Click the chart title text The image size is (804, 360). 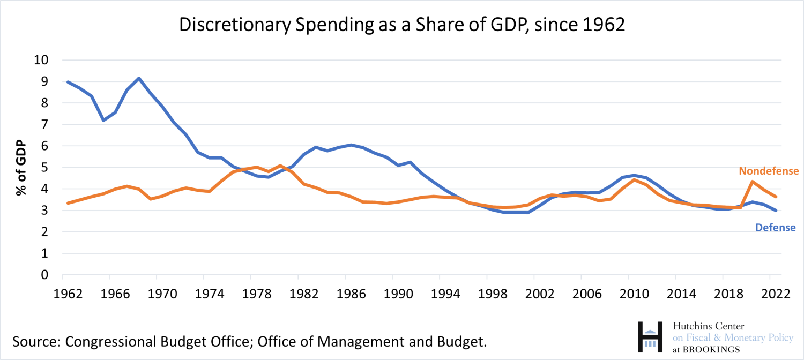(x=402, y=26)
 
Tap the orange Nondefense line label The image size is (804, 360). (x=769, y=171)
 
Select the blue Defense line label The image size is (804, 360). (x=775, y=228)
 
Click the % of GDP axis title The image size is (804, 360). (x=21, y=168)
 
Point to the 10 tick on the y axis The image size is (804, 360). (x=42, y=60)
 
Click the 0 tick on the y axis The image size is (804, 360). (x=45, y=275)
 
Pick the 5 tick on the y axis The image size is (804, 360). (x=45, y=168)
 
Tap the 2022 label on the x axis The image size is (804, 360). (x=770, y=294)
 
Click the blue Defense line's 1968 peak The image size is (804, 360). (x=139, y=78)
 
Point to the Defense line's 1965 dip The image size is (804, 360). (x=103, y=120)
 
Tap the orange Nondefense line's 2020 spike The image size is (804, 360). (x=753, y=182)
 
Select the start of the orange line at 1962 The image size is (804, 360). (x=68, y=203)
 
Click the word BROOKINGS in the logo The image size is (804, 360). (x=713, y=349)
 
